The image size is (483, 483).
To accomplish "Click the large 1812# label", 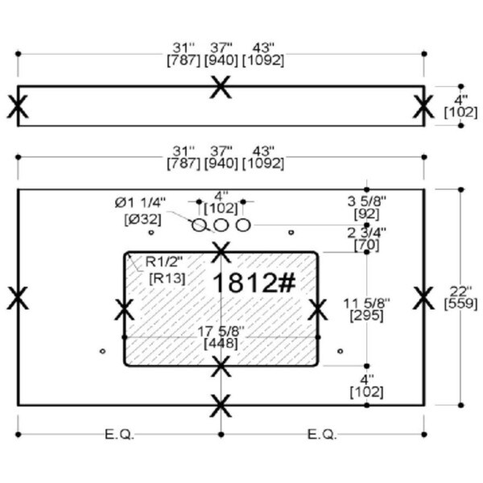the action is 254,283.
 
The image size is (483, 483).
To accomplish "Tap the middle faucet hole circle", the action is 221,225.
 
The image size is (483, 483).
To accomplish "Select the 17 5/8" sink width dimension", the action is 221,337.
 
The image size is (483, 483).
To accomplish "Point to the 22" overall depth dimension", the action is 460,297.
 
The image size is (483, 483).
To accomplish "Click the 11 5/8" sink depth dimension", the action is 366,310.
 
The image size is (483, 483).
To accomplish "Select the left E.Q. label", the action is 119,435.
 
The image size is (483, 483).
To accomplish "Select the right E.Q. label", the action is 322,435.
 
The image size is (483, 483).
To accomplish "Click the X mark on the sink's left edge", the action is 124,309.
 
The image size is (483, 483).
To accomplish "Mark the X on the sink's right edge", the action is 318,309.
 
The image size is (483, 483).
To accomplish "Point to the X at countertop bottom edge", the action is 221,406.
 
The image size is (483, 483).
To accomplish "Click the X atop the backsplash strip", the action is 221,87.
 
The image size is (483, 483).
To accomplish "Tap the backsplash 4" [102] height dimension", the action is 460,106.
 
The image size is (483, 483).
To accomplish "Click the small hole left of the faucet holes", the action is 151,233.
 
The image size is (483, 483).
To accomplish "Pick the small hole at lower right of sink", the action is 340,351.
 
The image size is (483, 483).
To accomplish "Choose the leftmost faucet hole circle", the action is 199,225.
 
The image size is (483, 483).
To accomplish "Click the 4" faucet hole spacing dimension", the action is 221,202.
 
